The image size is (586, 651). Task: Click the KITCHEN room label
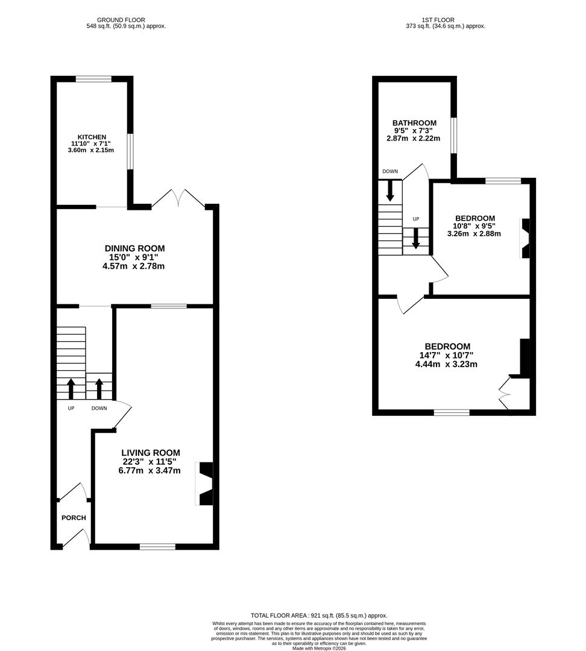pos(92,137)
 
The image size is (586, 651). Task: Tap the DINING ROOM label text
pos(134,248)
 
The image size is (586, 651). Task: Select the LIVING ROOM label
pos(150,453)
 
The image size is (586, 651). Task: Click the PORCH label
pos(74,518)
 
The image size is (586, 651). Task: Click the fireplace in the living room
pos(205,483)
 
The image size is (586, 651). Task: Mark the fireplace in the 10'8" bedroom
pos(525,238)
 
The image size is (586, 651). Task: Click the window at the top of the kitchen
pos(93,78)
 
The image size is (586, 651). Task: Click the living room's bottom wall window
pos(157,547)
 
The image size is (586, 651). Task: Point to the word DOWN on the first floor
pos(390,172)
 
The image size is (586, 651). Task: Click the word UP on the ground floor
pos(71,408)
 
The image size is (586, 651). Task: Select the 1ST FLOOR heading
pos(439,20)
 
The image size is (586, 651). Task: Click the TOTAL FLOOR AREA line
pos(319,615)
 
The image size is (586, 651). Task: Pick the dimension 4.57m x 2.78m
pos(133,266)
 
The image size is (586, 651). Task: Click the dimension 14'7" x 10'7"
pos(447,356)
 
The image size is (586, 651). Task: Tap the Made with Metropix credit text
pos(319,648)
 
